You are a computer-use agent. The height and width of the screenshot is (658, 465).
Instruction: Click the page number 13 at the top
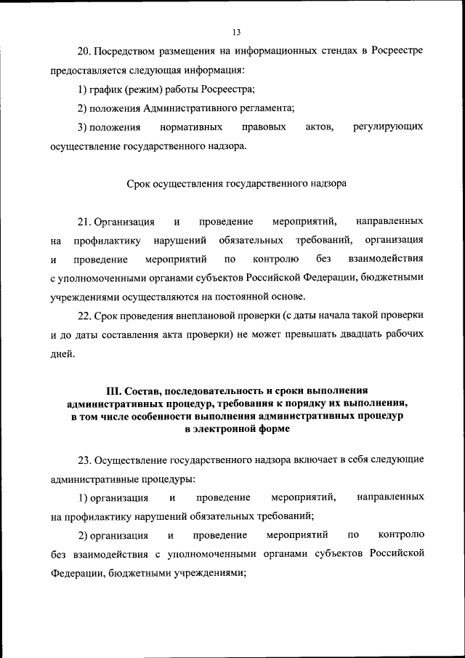click(236, 32)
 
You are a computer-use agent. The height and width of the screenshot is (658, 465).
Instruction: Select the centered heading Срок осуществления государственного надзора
click(237, 184)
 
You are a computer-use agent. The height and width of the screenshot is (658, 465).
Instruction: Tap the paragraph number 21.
click(83, 221)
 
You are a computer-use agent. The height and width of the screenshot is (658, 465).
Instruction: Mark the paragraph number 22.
click(83, 316)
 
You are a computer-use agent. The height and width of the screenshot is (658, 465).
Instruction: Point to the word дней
click(62, 354)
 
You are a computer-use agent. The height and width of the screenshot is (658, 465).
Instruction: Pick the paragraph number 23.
click(83, 460)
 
